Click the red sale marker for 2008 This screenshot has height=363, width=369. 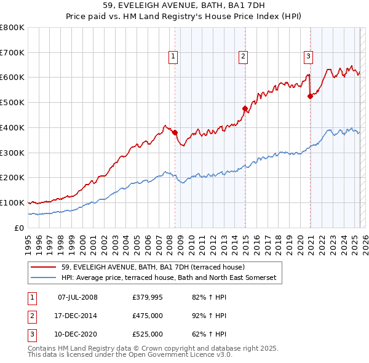[175, 132]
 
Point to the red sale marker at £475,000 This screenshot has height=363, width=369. [245, 108]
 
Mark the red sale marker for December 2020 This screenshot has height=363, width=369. [310, 95]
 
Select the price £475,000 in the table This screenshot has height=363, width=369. [148, 316]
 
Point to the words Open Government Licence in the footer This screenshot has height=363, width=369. [183, 355]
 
